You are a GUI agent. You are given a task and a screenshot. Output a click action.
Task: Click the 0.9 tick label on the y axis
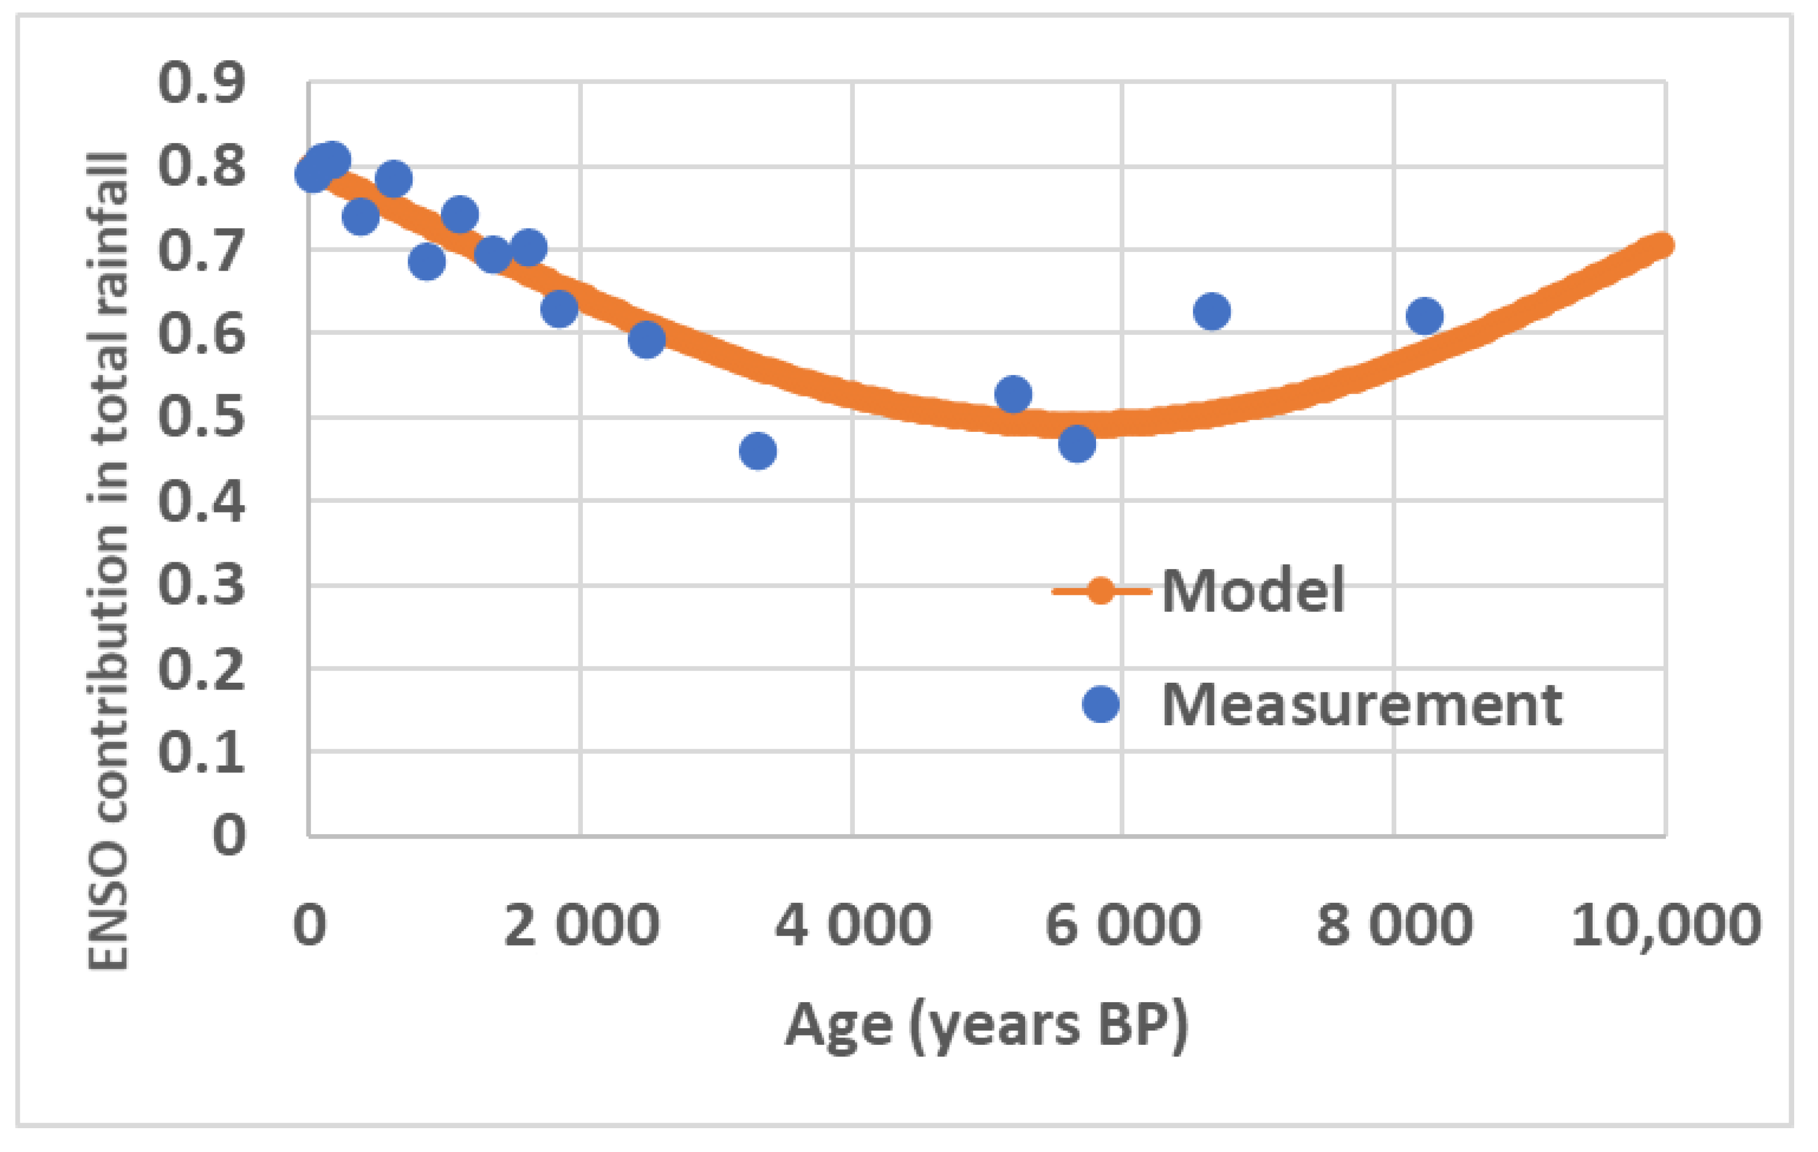201,82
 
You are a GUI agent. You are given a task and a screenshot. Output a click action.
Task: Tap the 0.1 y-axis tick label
201,751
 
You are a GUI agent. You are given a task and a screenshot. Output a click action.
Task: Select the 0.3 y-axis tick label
201,585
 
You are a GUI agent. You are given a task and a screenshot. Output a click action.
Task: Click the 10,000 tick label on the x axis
1665,925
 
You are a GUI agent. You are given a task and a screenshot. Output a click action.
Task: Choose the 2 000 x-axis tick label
581,925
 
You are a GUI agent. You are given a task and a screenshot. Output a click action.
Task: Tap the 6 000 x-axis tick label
1123,925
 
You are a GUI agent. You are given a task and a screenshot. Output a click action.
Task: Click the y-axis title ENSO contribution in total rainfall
108,561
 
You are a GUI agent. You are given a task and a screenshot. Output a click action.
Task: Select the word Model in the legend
1253,590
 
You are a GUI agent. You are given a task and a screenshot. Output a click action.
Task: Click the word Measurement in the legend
1361,705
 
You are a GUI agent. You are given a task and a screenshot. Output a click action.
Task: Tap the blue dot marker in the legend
1100,704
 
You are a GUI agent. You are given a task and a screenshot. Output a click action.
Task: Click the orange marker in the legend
1100,590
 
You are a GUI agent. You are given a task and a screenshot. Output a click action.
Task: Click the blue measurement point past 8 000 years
1425,316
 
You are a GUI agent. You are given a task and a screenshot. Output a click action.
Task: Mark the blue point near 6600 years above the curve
1212,311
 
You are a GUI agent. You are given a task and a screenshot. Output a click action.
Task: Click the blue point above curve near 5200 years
1013,394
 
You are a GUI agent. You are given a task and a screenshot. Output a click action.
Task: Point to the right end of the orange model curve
1660,245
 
